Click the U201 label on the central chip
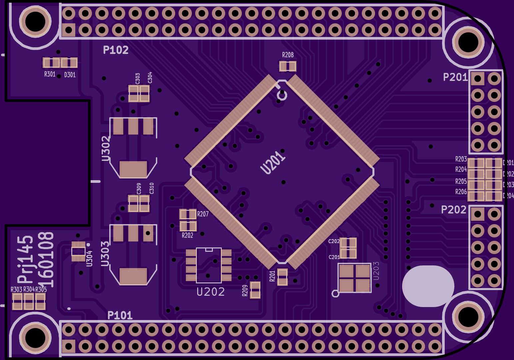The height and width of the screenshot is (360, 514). click(x=273, y=163)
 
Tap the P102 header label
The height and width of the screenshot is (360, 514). click(x=116, y=50)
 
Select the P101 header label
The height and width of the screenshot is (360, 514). click(x=120, y=315)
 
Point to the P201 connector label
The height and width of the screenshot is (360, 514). click(x=455, y=77)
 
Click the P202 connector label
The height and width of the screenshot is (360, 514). click(x=453, y=210)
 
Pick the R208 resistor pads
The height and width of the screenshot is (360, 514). click(x=287, y=66)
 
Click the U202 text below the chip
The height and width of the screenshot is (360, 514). click(x=211, y=292)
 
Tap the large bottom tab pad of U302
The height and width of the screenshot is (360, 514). click(x=133, y=169)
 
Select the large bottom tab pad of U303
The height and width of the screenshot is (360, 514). click(x=133, y=276)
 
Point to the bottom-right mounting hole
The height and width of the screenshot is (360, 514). click(x=468, y=317)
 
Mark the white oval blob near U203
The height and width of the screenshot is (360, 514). click(x=428, y=286)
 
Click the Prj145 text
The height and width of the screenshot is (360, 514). click(x=26, y=260)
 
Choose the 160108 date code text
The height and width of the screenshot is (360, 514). click(x=46, y=260)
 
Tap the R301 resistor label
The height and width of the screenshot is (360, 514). click(x=50, y=74)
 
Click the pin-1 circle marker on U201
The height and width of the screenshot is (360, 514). click(x=282, y=96)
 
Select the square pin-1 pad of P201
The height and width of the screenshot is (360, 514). click(x=477, y=79)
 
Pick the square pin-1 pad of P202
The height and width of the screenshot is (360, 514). click(x=477, y=214)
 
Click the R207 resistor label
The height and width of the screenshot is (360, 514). click(x=203, y=214)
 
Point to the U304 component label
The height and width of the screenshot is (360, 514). click(x=89, y=258)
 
